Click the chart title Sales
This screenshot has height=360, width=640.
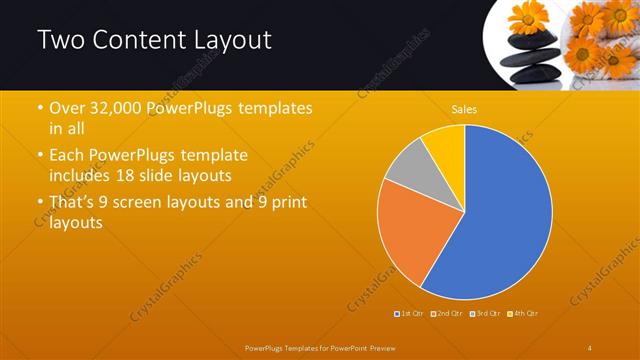click(464, 108)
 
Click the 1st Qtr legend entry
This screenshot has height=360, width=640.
click(407, 314)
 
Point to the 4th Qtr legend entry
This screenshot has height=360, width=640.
click(522, 314)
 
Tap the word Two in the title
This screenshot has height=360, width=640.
click(59, 41)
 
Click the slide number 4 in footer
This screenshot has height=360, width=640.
click(590, 347)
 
